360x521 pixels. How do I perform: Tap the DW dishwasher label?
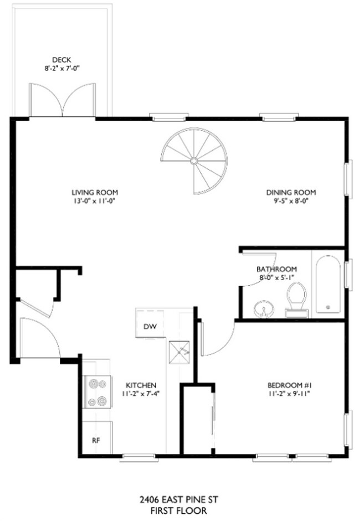point(150,326)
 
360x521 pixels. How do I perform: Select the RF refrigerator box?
point(96,440)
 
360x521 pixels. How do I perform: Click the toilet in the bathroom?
point(298,300)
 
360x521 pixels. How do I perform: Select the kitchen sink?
point(181,348)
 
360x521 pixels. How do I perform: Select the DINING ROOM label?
point(291,192)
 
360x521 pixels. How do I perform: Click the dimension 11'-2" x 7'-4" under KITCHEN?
point(141,394)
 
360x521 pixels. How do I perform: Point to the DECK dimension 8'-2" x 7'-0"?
point(63,69)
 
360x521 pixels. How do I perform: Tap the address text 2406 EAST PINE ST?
point(178,500)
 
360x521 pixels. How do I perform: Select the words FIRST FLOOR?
point(178,511)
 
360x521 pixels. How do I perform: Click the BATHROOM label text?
point(276,269)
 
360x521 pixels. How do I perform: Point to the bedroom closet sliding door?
point(213,415)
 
